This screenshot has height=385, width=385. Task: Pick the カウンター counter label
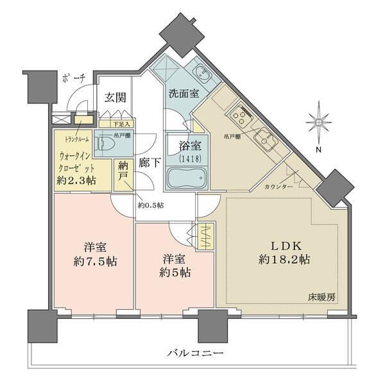point(278,186)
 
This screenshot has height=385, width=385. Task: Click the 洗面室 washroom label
point(184,94)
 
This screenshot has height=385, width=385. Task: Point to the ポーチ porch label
point(75,79)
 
